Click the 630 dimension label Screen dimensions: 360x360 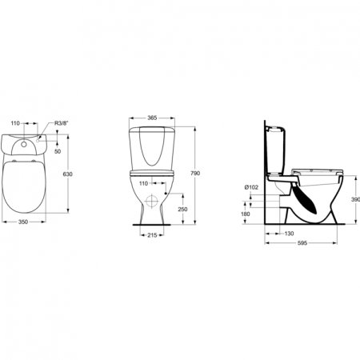67,174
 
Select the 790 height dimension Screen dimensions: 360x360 195,174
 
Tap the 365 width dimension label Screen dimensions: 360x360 152,118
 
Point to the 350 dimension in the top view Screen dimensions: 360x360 23,222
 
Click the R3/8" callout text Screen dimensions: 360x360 62,123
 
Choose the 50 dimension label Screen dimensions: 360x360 58,151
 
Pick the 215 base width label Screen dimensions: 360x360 152,235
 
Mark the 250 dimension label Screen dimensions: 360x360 182,210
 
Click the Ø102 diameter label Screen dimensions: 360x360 251,187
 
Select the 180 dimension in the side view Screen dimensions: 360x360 246,214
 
